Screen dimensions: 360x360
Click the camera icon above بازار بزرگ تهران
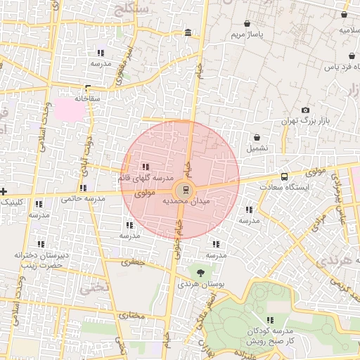tap(305, 110)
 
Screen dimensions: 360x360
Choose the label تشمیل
tap(257, 148)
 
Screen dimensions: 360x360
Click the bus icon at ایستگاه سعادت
tap(284, 177)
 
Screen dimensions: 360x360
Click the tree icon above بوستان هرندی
tap(201, 273)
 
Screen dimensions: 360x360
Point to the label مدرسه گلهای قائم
tap(145, 178)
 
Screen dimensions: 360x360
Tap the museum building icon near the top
tap(187, 33)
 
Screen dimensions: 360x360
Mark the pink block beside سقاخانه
tap(69, 108)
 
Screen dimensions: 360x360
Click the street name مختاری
tap(133, 316)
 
